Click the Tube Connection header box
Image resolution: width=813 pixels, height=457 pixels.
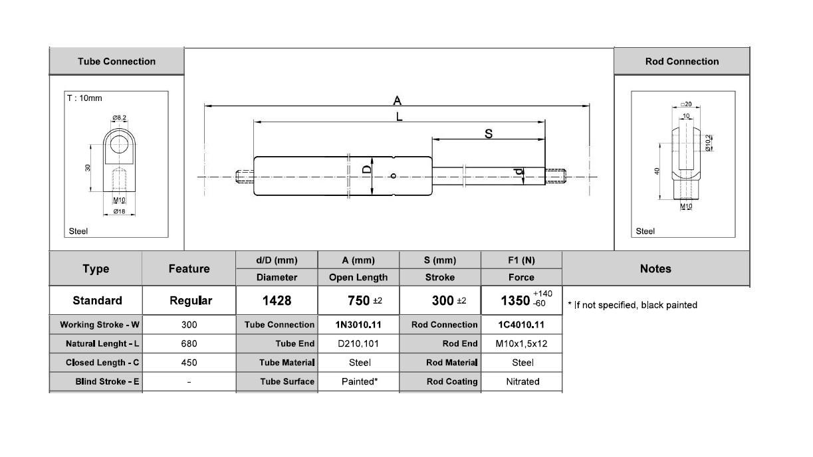(116, 62)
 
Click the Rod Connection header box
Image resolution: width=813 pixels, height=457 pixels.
(681, 62)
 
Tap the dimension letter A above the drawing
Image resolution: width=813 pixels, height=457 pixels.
(398, 101)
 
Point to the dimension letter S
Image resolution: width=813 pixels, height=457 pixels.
(489, 134)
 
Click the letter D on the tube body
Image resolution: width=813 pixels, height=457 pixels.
(366, 170)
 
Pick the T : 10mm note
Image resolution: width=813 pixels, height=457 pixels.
(85, 98)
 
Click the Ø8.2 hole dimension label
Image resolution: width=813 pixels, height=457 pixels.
(120, 118)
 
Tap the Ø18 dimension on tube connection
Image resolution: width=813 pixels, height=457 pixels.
(119, 211)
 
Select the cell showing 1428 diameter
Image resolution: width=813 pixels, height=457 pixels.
(277, 301)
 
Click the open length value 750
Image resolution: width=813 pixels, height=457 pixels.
(359, 301)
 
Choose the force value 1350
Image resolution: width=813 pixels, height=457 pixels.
(515, 301)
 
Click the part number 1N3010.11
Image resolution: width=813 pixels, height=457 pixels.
(358, 325)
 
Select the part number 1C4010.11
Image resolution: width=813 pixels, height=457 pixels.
(521, 325)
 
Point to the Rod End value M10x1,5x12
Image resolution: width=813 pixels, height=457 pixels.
(521, 344)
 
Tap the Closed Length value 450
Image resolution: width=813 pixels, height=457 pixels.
(189, 363)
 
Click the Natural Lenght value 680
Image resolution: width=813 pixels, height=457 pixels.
(189, 344)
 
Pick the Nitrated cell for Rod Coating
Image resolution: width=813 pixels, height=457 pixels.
(523, 382)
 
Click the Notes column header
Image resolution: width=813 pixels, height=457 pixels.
(655, 269)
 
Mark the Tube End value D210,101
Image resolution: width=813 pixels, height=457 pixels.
(359, 344)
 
